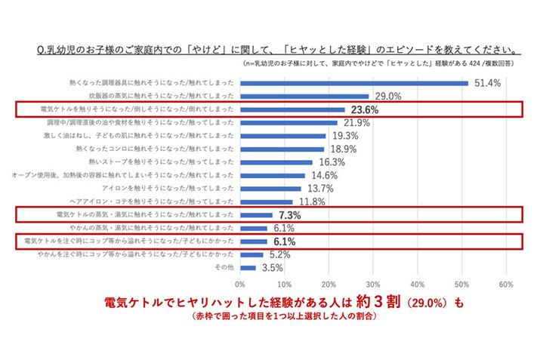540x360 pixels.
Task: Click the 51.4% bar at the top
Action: [x=353, y=84]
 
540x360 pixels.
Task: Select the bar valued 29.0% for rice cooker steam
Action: [x=304, y=97]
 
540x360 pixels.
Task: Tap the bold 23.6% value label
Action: [x=363, y=110]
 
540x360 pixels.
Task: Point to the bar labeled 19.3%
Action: [x=283, y=136]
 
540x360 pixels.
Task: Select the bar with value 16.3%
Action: [x=276, y=162]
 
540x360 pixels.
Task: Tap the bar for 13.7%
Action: [x=270, y=189]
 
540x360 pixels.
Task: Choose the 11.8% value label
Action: [x=312, y=202]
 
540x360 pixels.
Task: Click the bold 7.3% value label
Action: [x=291, y=215]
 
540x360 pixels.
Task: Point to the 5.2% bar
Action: [x=251, y=255]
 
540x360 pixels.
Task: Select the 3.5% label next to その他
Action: [x=272, y=268]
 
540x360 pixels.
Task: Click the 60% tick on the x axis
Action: [x=506, y=285]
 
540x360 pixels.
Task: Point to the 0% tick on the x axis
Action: [x=240, y=285]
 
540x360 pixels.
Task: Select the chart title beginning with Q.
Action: [x=276, y=51]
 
